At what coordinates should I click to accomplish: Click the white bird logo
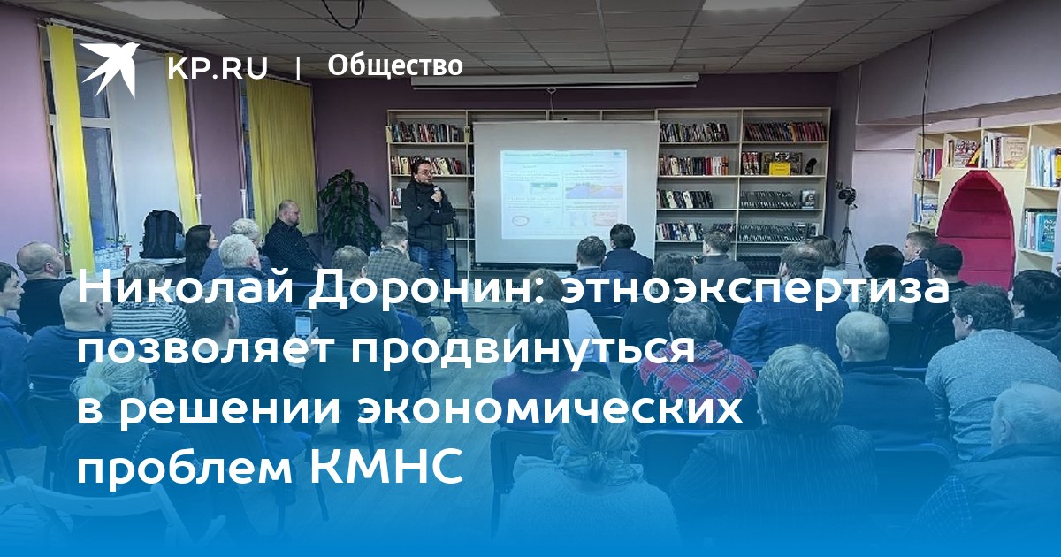[110, 69]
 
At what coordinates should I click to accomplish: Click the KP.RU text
[218, 68]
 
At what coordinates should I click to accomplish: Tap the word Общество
[395, 66]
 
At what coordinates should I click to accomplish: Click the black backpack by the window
[162, 234]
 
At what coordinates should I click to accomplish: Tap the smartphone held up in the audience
[302, 325]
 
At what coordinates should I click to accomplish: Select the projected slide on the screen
[564, 195]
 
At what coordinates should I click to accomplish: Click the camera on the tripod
[846, 195]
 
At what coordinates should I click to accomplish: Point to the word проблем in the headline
[185, 468]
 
